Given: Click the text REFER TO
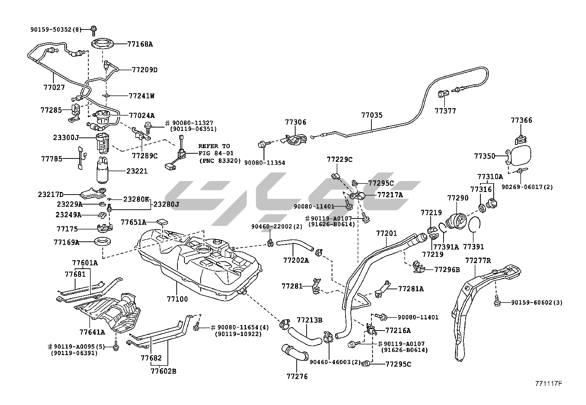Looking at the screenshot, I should click(214, 146).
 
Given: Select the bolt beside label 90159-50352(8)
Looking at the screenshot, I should click(92, 29).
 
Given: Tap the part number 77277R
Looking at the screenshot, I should click(478, 261).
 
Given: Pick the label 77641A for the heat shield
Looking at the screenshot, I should click(92, 332).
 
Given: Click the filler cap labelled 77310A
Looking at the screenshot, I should click(492, 202).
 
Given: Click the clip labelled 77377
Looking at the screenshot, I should click(442, 94).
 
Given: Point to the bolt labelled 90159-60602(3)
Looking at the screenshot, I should click(496, 302).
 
